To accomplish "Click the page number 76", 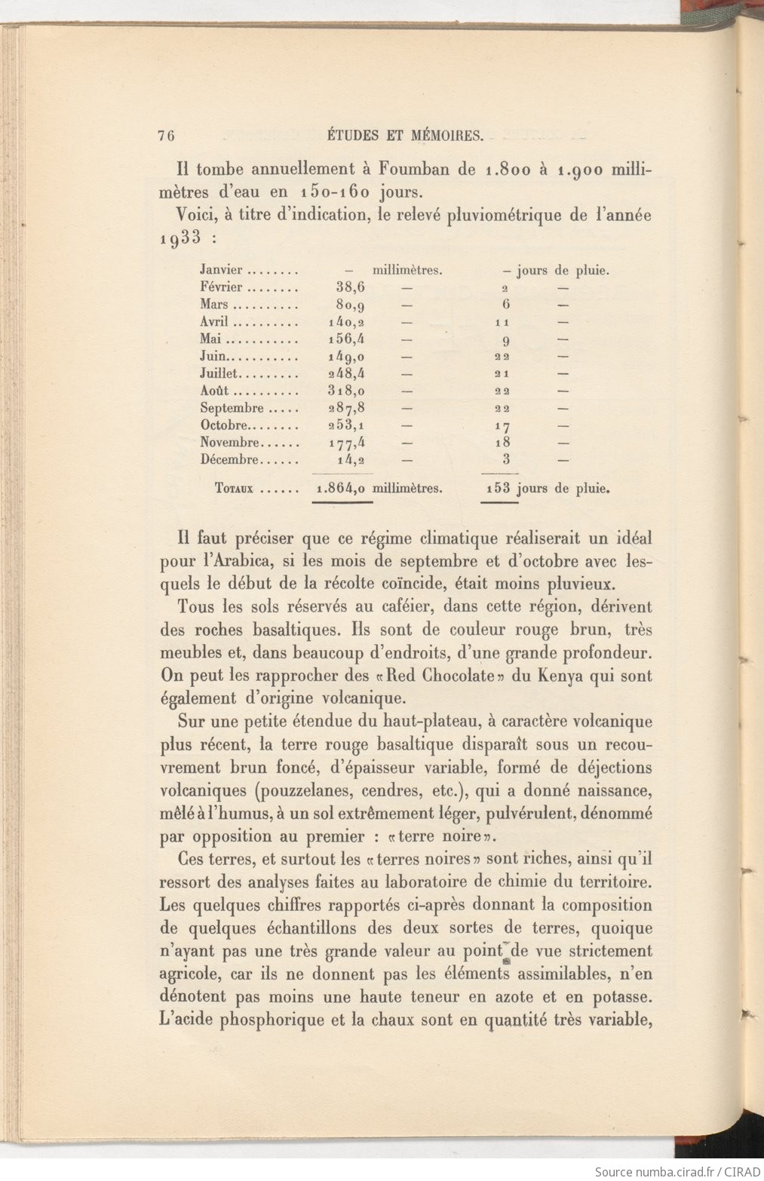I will tap(167, 136).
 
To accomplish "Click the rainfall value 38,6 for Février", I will tap(351, 287).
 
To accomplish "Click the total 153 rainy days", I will tap(498, 488).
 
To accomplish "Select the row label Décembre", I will tap(230, 459).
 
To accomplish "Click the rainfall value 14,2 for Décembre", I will tap(352, 459).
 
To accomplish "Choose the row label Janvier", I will tap(221, 270).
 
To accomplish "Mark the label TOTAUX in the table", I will tap(235, 488).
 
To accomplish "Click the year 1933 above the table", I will tap(180, 238).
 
